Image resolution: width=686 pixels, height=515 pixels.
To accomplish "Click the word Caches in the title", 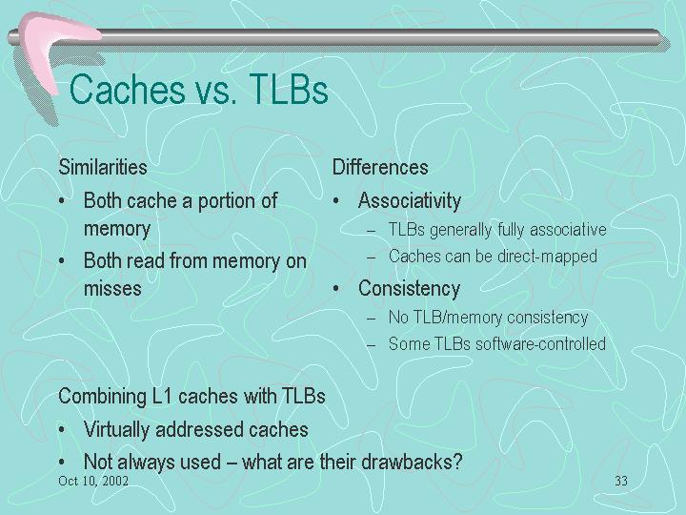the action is tap(128, 90).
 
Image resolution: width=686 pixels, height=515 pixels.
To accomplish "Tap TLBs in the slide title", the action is tap(289, 90).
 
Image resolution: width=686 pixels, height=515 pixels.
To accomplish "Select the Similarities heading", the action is tap(103, 167).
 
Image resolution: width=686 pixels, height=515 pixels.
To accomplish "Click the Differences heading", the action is tap(380, 167).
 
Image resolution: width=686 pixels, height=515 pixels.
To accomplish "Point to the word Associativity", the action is tap(410, 201).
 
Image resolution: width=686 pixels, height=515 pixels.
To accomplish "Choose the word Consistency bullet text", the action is tap(409, 289).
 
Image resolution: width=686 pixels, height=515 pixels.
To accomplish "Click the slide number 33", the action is tap(621, 481).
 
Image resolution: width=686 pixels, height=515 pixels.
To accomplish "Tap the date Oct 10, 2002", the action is tap(93, 481).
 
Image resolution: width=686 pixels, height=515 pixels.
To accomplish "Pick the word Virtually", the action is tap(117, 430).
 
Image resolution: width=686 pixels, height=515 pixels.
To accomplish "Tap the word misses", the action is tap(112, 289).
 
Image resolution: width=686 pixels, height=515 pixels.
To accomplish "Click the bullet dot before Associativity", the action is tap(336, 201).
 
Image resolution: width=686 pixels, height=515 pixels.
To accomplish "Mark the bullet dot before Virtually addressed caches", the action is tap(62, 430).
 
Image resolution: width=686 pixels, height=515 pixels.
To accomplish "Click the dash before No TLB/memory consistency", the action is tap(372, 319).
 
